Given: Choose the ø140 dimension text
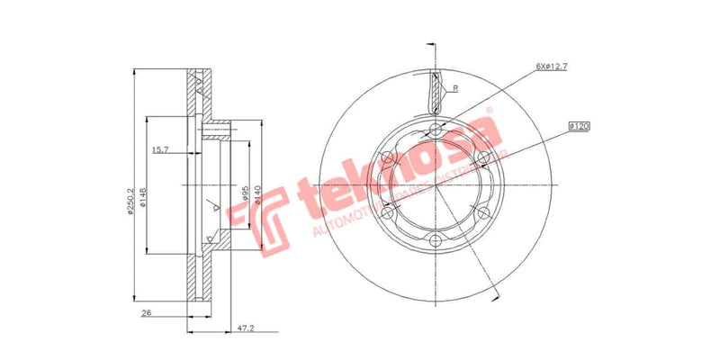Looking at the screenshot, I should (x=259, y=193).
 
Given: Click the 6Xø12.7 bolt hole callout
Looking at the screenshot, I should (x=553, y=67).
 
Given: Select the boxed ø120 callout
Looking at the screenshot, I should (x=579, y=127).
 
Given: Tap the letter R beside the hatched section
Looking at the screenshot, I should (x=457, y=89).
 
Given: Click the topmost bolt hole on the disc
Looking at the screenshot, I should (x=437, y=130).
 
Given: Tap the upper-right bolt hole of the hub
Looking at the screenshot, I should (x=484, y=158).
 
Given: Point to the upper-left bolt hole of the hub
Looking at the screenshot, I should (x=390, y=158).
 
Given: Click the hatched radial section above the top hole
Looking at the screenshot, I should (x=438, y=92).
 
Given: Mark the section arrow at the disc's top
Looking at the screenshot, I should (x=431, y=45).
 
